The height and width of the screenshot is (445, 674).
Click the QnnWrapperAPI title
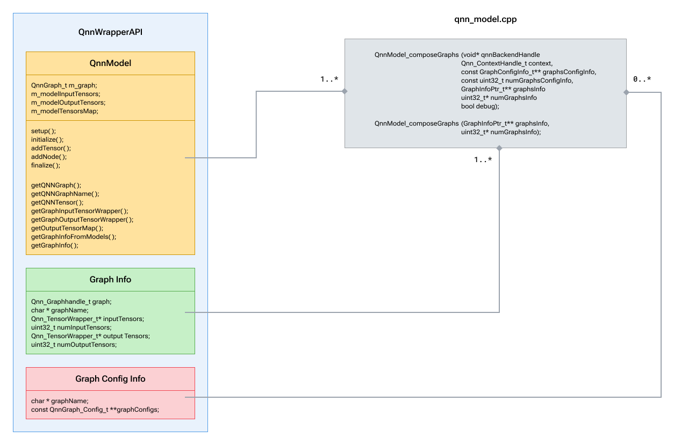(x=110, y=32)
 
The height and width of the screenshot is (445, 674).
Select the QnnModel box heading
(x=110, y=63)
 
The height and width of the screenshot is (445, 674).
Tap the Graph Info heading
(x=110, y=280)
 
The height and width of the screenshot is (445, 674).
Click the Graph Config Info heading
(x=110, y=379)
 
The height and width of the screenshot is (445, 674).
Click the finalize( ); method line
(x=46, y=165)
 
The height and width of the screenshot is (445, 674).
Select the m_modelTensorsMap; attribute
(x=64, y=111)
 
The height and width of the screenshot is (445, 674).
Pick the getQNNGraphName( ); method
(x=65, y=194)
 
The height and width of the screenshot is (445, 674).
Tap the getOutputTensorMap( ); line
(x=67, y=228)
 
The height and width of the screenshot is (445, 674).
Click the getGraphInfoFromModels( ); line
(x=74, y=237)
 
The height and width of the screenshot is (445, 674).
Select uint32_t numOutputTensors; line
(x=74, y=345)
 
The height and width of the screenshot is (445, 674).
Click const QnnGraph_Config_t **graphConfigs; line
(x=95, y=410)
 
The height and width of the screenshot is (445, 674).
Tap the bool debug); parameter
(x=480, y=106)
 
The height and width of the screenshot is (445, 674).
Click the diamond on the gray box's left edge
(x=345, y=91)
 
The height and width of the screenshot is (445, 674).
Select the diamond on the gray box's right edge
(x=626, y=92)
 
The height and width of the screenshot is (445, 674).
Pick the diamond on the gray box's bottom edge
(x=499, y=148)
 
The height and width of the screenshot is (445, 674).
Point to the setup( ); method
(x=44, y=131)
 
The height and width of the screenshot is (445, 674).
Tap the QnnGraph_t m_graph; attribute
(x=64, y=85)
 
